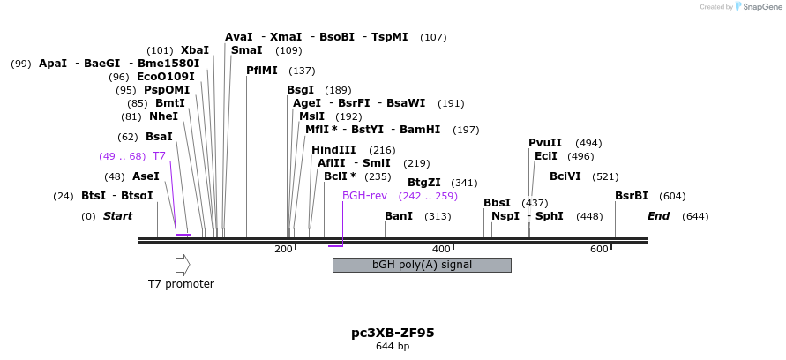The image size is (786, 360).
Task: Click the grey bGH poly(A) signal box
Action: coord(422,265)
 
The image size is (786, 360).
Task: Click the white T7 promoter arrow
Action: coord(183,265)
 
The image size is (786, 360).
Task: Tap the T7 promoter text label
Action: coord(181,284)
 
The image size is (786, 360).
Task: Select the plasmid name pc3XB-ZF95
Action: coord(393,333)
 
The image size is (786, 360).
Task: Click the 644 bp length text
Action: coord(393,346)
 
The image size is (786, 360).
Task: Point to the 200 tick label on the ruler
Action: coord(283,250)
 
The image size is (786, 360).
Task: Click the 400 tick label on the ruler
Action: coord(441,250)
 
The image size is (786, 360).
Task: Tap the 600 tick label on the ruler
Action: coord(599,250)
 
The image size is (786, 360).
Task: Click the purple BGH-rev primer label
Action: coord(364,196)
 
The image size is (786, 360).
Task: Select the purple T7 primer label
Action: coord(159,156)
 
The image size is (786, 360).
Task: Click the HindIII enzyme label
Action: coord(333,150)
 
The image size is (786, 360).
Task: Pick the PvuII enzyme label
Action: coord(545,143)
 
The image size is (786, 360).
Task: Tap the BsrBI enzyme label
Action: coord(632,196)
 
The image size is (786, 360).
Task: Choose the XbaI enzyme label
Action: coord(194,50)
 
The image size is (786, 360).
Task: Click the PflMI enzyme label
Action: coord(262,71)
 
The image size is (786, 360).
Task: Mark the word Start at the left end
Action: coord(117,216)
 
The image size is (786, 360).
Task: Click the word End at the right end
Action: coord(659,216)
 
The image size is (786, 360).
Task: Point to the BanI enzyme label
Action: coord(399,216)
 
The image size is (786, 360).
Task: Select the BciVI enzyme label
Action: coord(565,176)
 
